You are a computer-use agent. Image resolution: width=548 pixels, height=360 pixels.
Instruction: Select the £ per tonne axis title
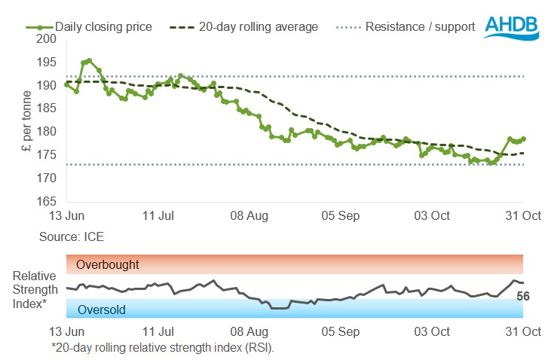[27, 120]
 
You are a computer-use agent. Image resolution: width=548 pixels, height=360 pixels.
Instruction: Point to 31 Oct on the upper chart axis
[523, 216]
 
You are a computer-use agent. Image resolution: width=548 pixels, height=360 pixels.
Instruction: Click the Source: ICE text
[72, 236]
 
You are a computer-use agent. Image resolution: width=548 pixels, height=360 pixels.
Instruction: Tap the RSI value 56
[523, 296]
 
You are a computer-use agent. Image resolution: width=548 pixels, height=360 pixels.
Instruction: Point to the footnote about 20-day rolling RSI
[162, 347]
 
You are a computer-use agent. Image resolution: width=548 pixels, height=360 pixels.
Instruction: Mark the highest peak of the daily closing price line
[89, 60]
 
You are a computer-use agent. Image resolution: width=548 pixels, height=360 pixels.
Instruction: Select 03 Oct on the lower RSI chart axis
[432, 331]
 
